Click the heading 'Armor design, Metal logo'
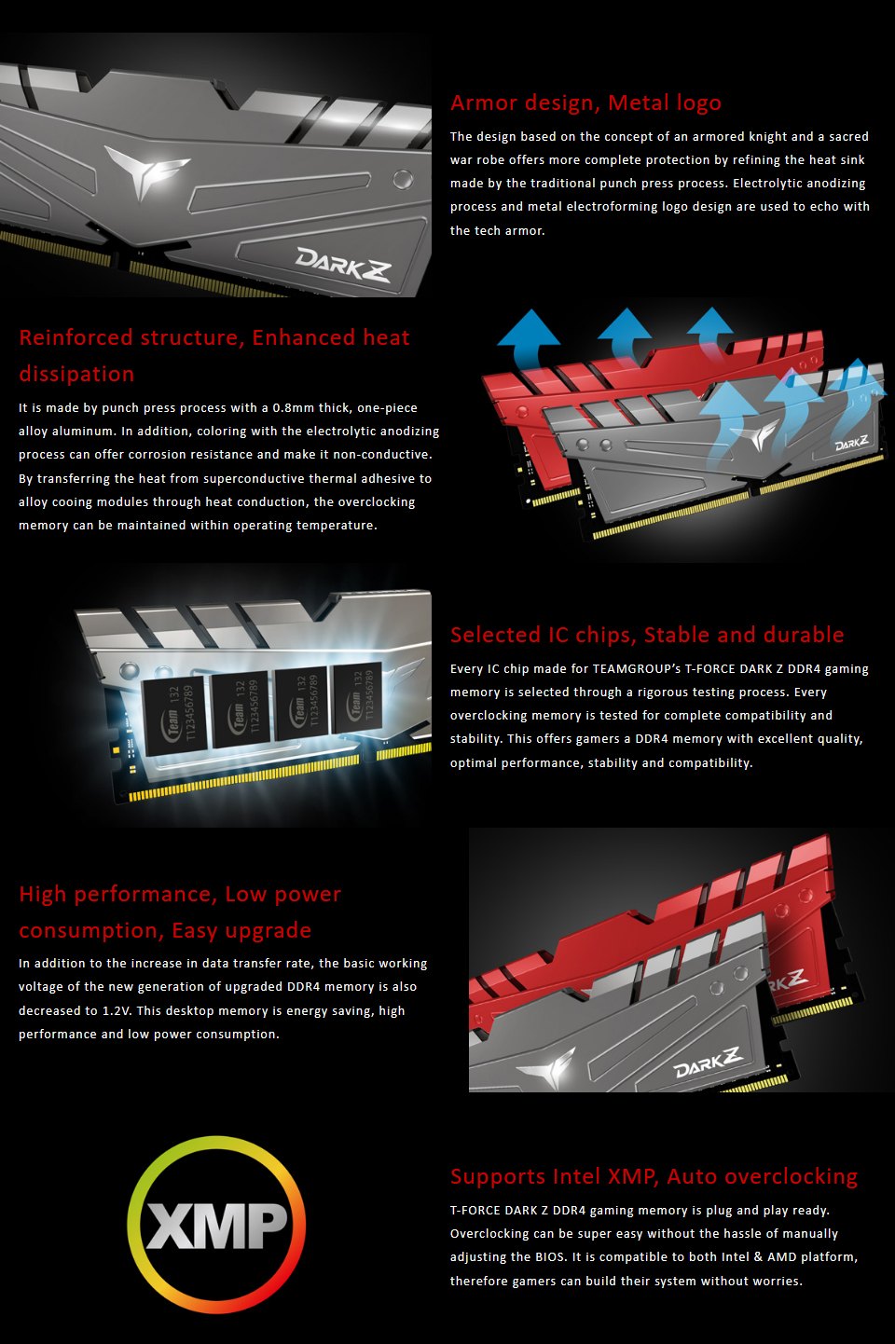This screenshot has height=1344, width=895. (585, 103)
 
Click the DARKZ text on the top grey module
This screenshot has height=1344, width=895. (343, 264)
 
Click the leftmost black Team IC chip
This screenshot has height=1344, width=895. (174, 715)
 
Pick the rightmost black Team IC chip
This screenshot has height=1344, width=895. (358, 698)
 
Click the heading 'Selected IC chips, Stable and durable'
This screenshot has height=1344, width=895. (647, 635)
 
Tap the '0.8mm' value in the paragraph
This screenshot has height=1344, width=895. (294, 408)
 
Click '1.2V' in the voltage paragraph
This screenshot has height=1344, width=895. (117, 1011)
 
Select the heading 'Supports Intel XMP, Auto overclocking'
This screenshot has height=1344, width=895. (654, 1177)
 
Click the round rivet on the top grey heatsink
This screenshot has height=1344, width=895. (403, 179)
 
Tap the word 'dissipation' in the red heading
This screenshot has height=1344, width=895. (76, 375)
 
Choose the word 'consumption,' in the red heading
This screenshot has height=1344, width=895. (90, 931)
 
